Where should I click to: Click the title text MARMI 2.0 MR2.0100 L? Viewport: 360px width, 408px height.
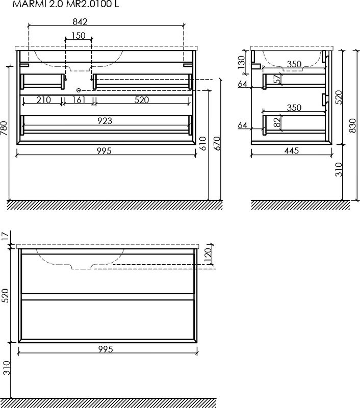click(x=66, y=4)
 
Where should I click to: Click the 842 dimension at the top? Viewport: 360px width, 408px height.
click(x=80, y=22)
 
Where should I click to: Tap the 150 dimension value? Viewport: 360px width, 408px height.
click(x=79, y=35)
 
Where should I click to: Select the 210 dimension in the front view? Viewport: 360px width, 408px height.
click(x=43, y=99)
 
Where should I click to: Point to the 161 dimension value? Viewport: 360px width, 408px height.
click(x=79, y=99)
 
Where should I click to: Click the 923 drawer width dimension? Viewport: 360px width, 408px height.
click(x=105, y=121)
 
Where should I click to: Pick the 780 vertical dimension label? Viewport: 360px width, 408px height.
click(x=4, y=128)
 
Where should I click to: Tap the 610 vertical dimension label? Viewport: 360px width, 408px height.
click(x=203, y=143)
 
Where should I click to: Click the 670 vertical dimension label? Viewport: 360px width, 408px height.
click(x=217, y=143)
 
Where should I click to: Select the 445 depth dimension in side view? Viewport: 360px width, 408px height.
click(x=292, y=150)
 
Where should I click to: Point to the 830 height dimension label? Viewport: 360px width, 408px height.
click(x=352, y=125)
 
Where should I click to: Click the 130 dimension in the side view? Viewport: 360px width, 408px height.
click(x=241, y=62)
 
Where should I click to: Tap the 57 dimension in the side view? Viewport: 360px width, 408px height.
click(x=278, y=79)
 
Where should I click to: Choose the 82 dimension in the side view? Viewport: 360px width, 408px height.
click(x=278, y=121)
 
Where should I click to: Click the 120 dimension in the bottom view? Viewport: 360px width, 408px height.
click(x=208, y=256)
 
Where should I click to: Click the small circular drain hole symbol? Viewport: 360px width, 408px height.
click(x=79, y=90)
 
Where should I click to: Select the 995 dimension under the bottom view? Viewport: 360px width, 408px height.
click(x=106, y=349)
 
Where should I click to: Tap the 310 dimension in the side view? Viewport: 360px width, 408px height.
click(x=339, y=169)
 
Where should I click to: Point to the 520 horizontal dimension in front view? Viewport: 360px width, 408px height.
click(x=142, y=99)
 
